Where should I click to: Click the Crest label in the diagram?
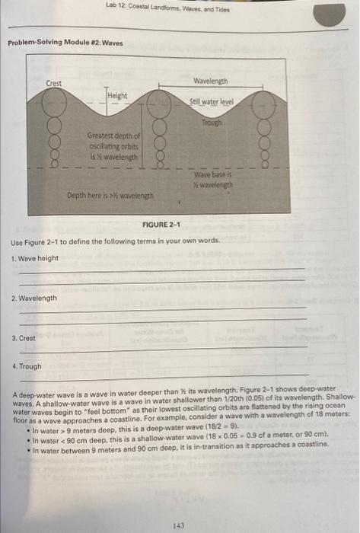pyautogui.click(x=54, y=83)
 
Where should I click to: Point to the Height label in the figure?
pyautogui.click(x=117, y=96)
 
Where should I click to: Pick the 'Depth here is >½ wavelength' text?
pyautogui.click(x=110, y=196)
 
